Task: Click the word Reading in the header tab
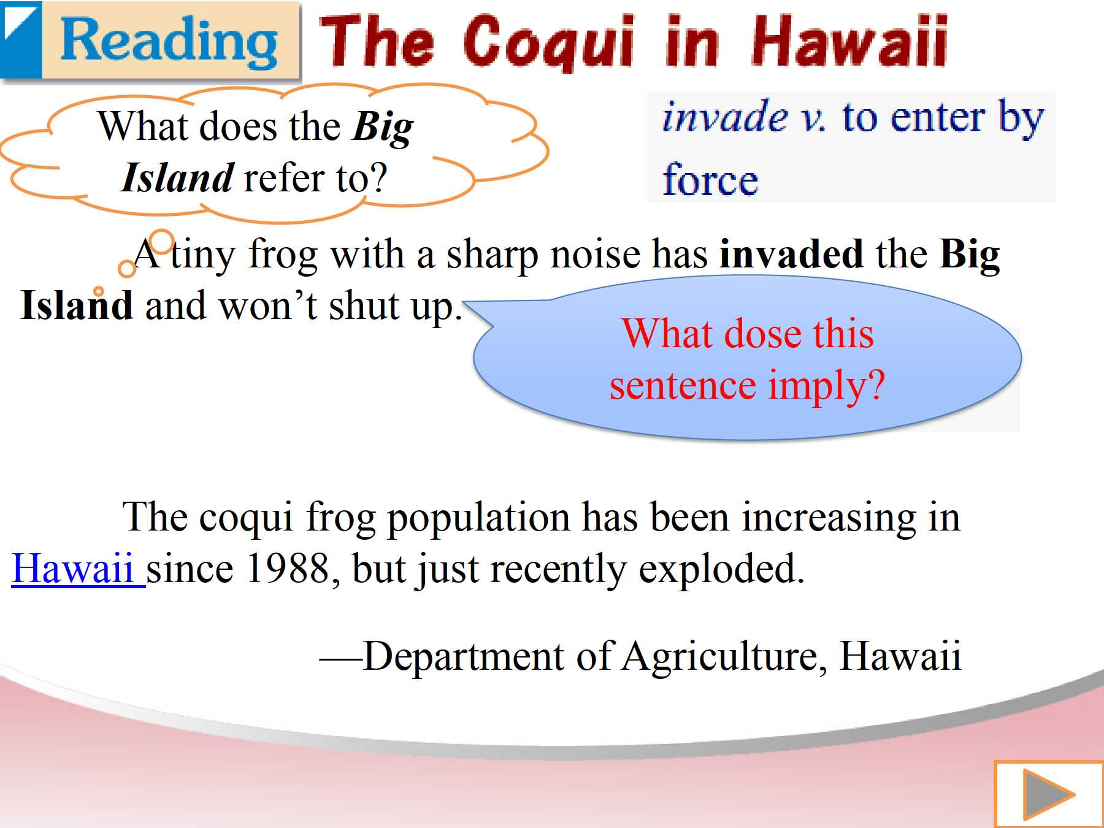coord(169,40)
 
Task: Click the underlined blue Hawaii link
coord(78,569)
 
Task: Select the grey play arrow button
coord(1048,794)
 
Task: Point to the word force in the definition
coord(710,180)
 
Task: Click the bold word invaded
coord(791,253)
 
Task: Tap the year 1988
coord(288,568)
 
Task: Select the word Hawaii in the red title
coord(850,40)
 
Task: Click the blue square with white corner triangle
coord(21,39)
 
